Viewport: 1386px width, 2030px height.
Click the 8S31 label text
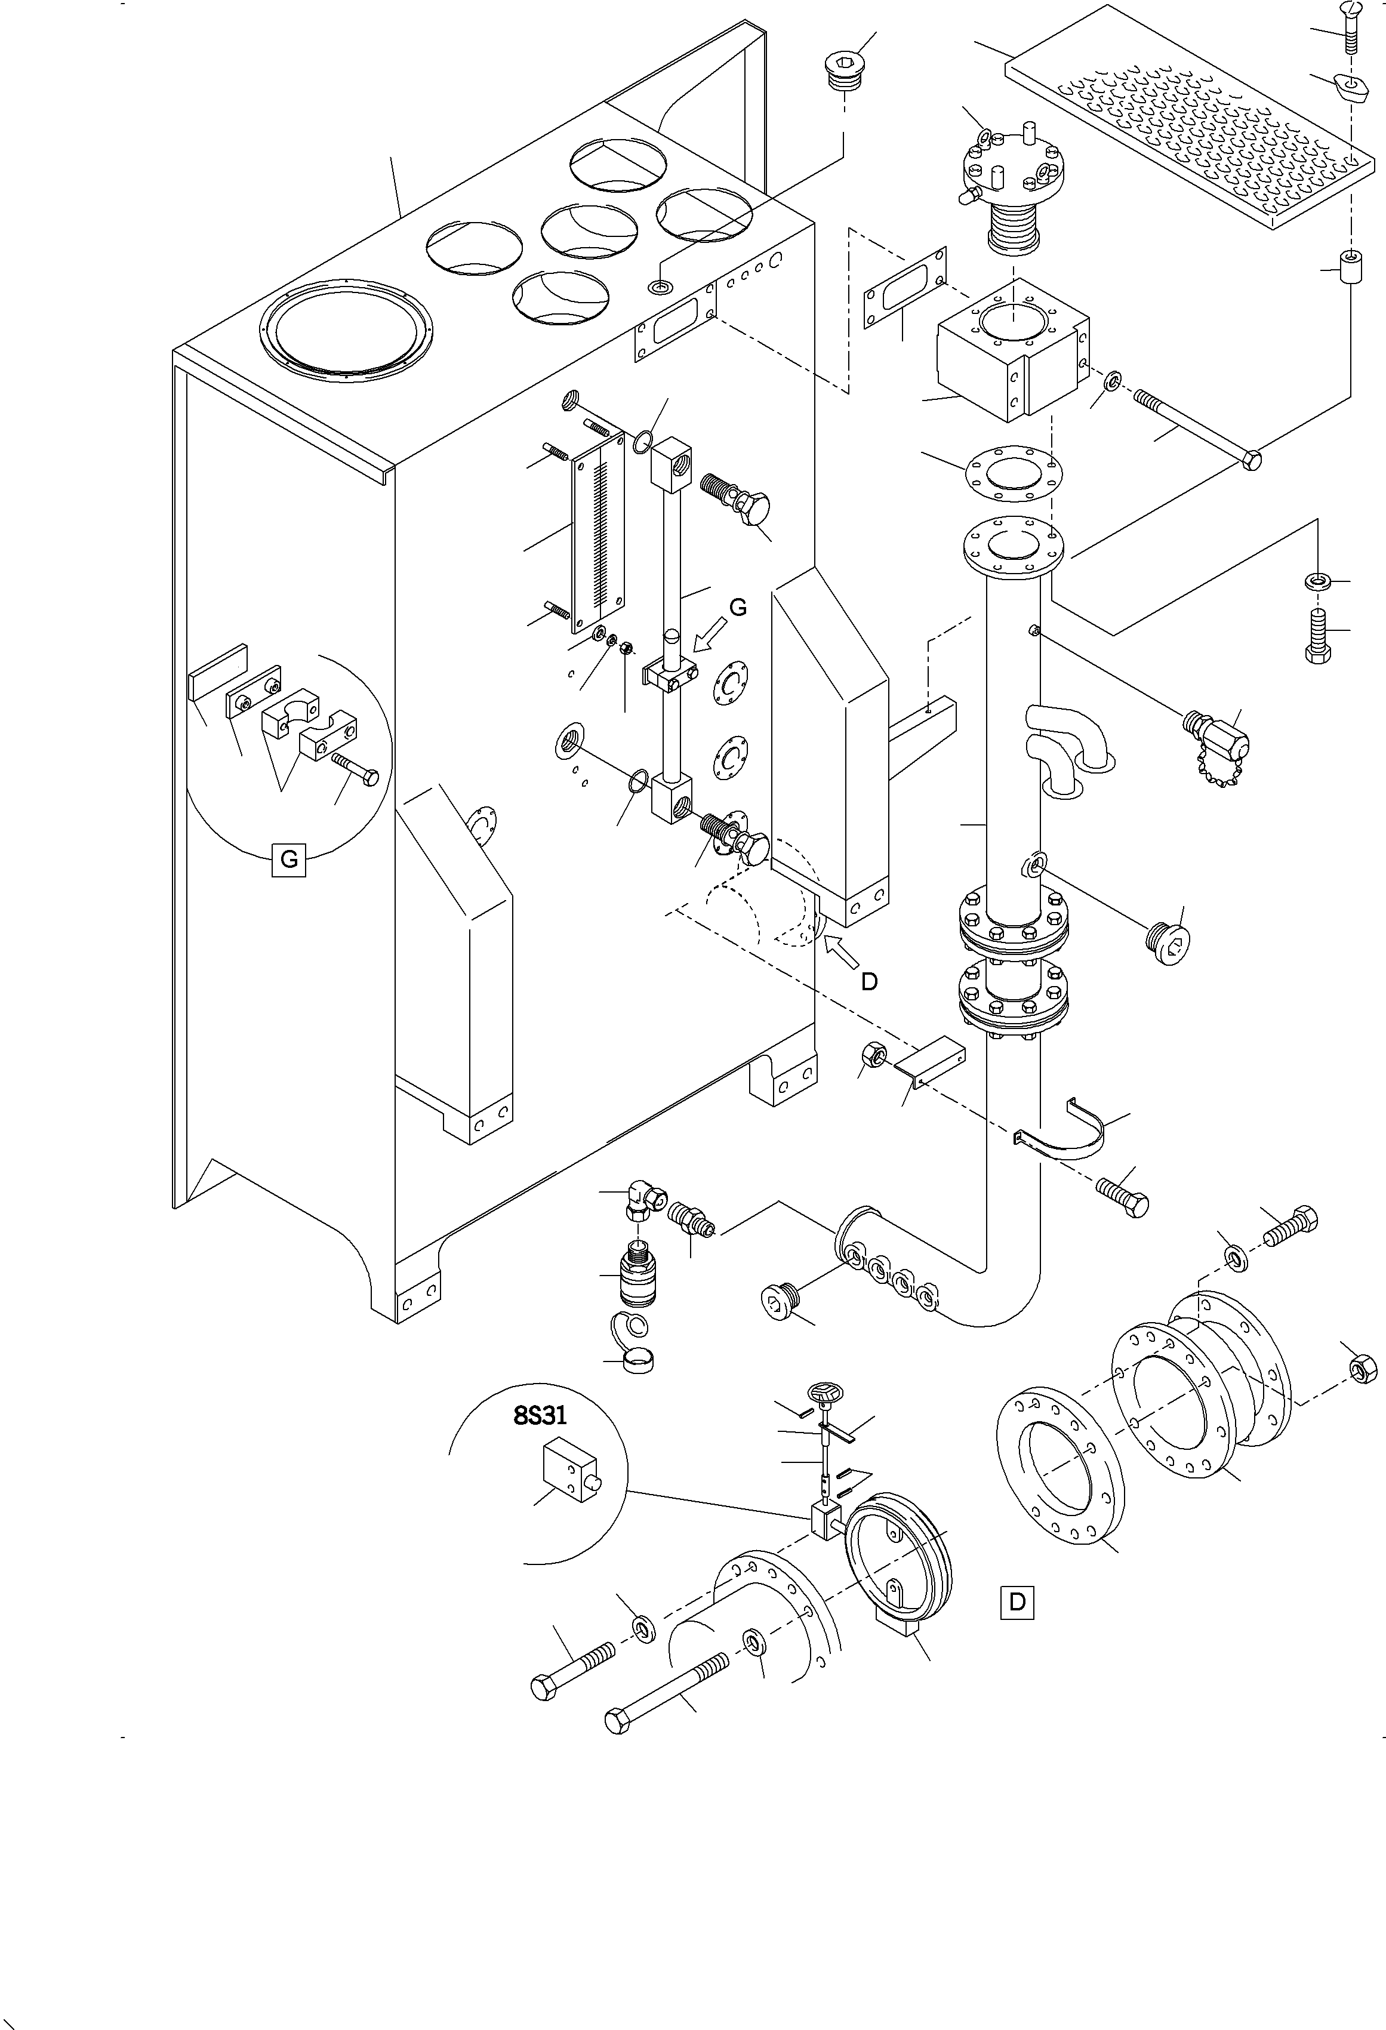540,1415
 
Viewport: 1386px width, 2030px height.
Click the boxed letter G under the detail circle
289,860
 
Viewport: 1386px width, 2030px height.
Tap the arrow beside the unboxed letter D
840,950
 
